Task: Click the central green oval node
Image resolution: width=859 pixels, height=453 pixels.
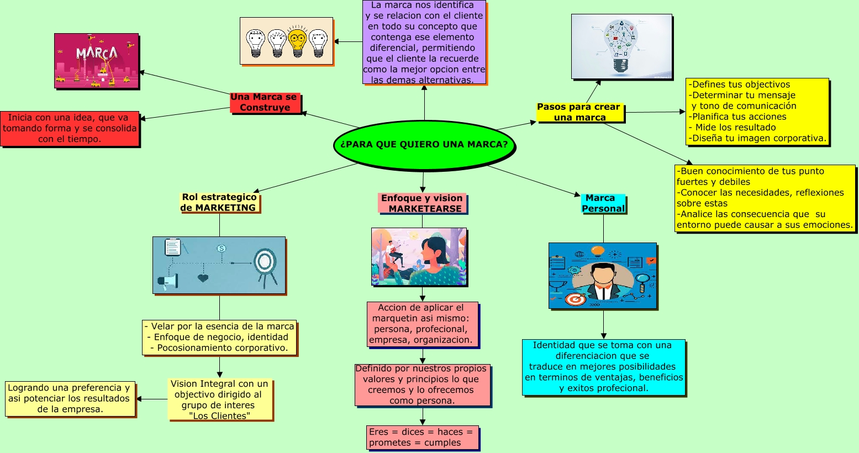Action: pyautogui.click(x=424, y=145)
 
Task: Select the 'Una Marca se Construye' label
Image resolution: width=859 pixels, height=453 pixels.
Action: pyautogui.click(x=265, y=102)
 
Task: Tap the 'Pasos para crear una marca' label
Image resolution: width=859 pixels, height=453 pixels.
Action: pyautogui.click(x=579, y=112)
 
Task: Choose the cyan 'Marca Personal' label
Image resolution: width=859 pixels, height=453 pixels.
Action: pyautogui.click(x=603, y=203)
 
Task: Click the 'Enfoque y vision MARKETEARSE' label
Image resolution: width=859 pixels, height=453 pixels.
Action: pyautogui.click(x=422, y=203)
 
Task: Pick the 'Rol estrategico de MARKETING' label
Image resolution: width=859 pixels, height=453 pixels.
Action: pyautogui.click(x=219, y=202)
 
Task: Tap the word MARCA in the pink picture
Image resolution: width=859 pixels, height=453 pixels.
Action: pyautogui.click(x=97, y=53)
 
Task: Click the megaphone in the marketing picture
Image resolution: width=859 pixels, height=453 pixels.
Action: pyautogui.click(x=168, y=281)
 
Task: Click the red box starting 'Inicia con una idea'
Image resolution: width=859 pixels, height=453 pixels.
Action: pyautogui.click(x=70, y=128)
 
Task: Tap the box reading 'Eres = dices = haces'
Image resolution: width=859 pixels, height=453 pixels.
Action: pyautogui.click(x=421, y=437)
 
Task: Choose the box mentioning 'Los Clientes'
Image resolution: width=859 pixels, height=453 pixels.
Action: pyautogui.click(x=219, y=399)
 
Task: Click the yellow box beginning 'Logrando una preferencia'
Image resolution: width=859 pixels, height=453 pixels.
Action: pyautogui.click(x=70, y=398)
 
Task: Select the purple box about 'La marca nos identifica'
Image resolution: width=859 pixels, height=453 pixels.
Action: pyautogui.click(x=424, y=43)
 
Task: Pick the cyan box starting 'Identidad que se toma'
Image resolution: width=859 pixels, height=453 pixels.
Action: pyautogui.click(x=603, y=367)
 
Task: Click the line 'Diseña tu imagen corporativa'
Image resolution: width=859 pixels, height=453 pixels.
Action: pyautogui.click(x=759, y=138)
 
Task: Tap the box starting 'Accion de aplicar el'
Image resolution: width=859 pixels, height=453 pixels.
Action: pyautogui.click(x=422, y=324)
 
